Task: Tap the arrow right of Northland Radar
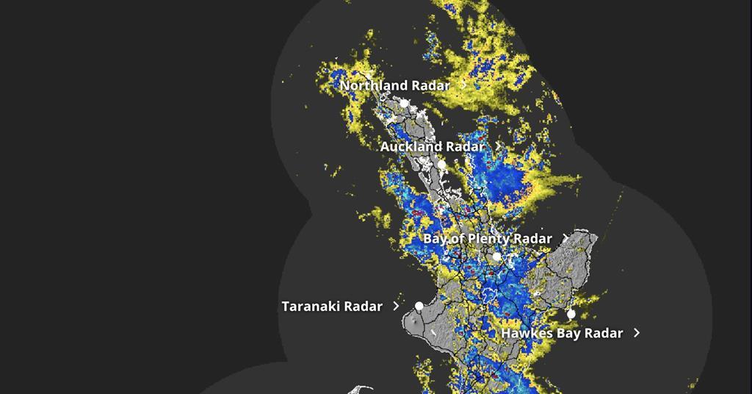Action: (464, 85)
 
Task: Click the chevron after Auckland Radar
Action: (499, 146)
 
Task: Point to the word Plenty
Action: (488, 239)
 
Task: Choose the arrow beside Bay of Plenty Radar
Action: (565, 238)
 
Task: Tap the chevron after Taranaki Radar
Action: (397, 306)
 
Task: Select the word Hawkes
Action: (525, 334)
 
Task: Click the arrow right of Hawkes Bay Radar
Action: (637, 333)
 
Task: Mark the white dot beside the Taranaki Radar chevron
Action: (419, 306)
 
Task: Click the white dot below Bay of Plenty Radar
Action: (496, 257)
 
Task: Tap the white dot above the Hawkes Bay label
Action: (571, 314)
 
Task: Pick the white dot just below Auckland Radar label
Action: (442, 165)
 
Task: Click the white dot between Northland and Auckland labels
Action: (403, 104)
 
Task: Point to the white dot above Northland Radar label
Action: (369, 74)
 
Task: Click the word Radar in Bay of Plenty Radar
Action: (533, 239)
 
